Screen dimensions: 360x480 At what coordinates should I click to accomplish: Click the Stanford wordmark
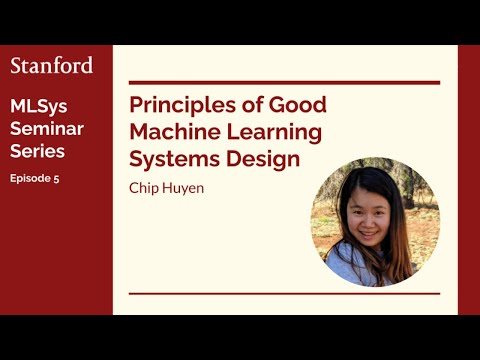pos(51,66)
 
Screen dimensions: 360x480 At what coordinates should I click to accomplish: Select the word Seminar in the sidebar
pos(46,129)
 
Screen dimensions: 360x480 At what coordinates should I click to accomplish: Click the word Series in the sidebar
pos(37,151)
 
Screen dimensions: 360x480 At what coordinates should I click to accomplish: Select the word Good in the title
pos(300,106)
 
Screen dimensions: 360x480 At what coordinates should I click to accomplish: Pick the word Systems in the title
pos(172,158)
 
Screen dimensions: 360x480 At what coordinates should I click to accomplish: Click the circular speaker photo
pos(375,225)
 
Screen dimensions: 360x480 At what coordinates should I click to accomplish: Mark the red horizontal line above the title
pos(284,82)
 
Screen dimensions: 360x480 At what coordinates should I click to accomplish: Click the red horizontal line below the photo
pos(284,293)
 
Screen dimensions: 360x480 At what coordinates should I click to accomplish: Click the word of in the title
pos(254,106)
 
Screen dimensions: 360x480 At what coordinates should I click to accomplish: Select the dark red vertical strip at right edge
pos(468,180)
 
